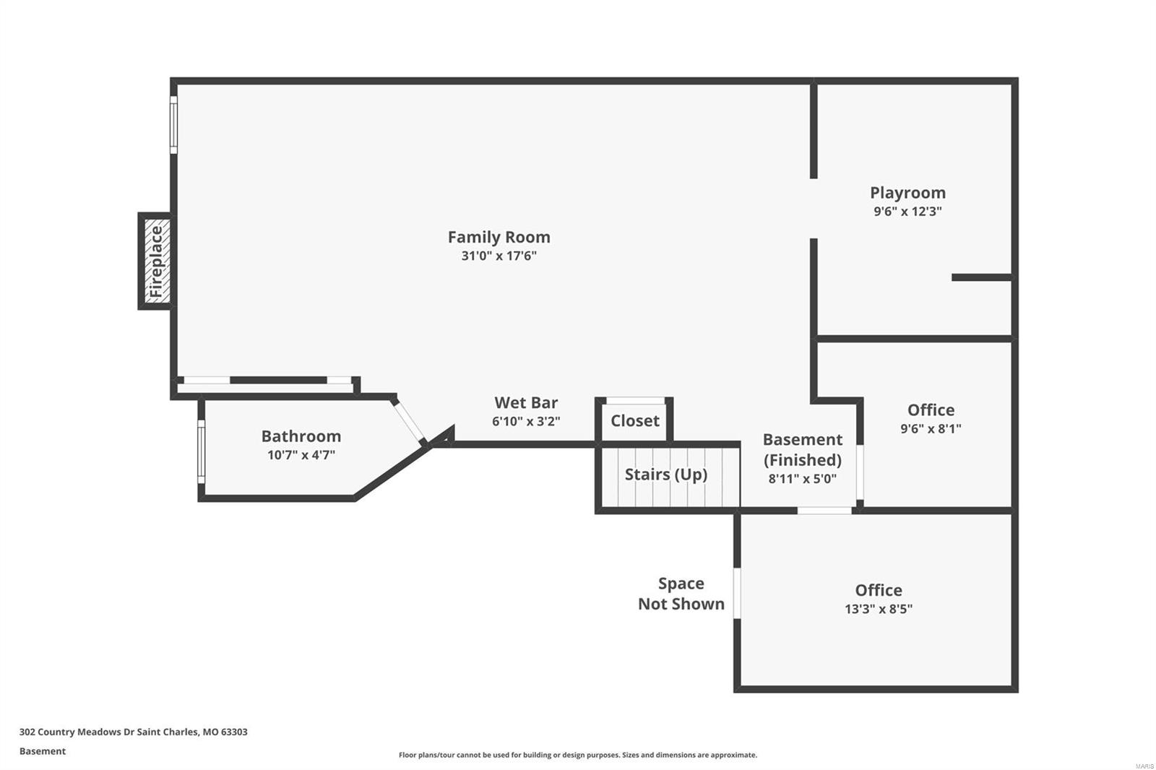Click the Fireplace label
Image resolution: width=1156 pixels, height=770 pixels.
tap(156, 261)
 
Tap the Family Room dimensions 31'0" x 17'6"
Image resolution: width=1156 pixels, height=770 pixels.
tap(499, 256)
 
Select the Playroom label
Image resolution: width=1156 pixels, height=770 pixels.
tap(907, 193)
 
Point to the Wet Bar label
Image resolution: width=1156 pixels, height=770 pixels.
tap(526, 403)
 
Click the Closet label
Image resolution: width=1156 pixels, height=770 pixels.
tap(634, 421)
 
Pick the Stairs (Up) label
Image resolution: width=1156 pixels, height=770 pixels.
tap(665, 475)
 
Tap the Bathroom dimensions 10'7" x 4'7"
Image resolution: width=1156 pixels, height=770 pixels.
tap(301, 455)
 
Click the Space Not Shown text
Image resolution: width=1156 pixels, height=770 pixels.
tap(681, 594)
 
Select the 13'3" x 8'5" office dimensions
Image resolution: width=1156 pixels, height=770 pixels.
tap(878, 609)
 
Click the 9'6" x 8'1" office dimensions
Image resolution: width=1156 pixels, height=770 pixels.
tap(931, 428)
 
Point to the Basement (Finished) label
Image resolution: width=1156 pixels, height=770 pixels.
tap(802, 449)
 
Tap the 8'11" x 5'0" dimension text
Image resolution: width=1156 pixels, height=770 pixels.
tap(802, 478)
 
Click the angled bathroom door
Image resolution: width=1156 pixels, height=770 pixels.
tap(410, 422)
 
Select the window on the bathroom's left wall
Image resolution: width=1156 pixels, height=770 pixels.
tap(202, 451)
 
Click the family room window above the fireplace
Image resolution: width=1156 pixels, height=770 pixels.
tap(173, 125)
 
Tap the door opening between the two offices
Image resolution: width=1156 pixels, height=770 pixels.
tap(824, 511)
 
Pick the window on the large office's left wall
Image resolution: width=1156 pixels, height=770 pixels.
tap(737, 593)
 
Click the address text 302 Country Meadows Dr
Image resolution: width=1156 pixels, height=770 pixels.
tap(133, 732)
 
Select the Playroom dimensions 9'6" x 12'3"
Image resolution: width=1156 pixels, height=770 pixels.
tap(907, 212)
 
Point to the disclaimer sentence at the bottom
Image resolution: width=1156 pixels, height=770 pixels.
tap(577, 755)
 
